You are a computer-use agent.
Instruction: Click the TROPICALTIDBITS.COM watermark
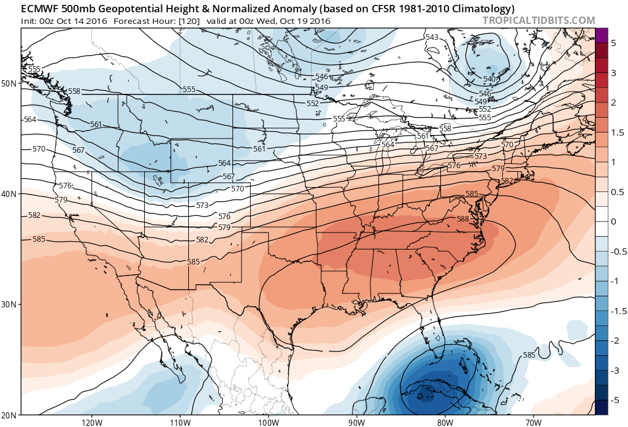(539, 20)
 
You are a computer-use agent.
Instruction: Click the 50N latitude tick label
(9, 83)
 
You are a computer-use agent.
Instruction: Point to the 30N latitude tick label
(9, 305)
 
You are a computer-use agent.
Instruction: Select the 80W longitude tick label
(445, 422)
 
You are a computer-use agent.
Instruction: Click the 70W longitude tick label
(533, 422)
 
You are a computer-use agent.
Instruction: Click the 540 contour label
(489, 79)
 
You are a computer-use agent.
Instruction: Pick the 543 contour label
(432, 38)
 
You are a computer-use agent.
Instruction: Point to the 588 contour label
(463, 219)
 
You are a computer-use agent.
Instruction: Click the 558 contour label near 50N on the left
(74, 91)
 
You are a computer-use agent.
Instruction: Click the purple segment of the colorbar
(601, 36)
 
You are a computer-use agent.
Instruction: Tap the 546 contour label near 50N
(321, 77)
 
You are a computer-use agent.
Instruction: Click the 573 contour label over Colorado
(202, 204)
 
